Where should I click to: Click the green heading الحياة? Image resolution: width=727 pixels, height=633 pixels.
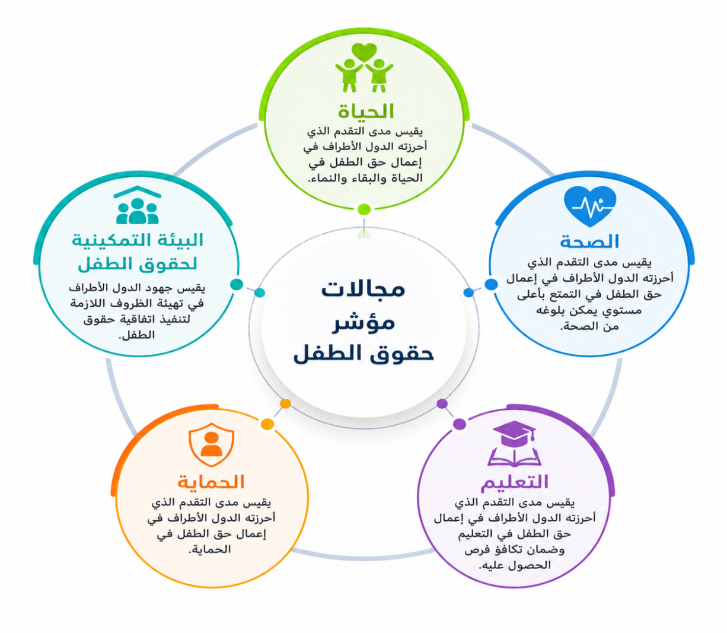(x=366, y=111)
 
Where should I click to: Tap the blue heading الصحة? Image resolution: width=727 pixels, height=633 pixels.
(x=589, y=241)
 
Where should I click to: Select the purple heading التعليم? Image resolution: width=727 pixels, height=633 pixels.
(x=515, y=482)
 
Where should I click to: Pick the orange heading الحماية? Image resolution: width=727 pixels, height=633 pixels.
(x=211, y=482)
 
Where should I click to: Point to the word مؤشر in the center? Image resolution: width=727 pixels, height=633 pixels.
(x=363, y=322)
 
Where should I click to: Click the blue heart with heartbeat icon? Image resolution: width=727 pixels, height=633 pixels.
(x=590, y=206)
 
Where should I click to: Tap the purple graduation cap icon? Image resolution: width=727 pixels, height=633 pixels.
(x=514, y=434)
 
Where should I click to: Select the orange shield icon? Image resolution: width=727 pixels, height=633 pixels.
(x=212, y=444)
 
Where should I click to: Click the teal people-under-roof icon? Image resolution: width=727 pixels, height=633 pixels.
(x=138, y=205)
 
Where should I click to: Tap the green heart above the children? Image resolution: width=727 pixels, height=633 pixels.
(x=364, y=53)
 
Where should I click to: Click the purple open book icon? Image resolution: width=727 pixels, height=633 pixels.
(x=514, y=457)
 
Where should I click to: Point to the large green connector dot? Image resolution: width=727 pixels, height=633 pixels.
(x=364, y=209)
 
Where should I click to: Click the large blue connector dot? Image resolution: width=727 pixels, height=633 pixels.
(x=491, y=284)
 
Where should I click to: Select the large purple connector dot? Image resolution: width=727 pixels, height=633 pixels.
(x=460, y=424)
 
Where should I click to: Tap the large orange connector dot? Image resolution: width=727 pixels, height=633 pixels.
(x=267, y=424)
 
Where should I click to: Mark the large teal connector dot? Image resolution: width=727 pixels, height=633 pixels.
(x=237, y=284)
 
